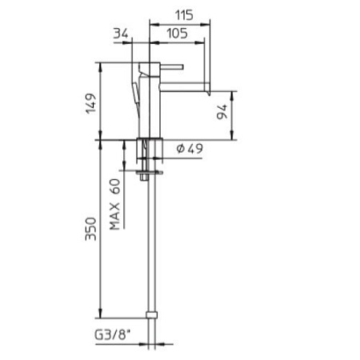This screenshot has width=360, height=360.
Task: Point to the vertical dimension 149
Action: (91, 102)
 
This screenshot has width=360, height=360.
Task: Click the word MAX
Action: (115, 214)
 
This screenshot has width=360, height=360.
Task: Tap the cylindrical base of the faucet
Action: (151, 148)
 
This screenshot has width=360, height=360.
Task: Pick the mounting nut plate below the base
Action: (149, 170)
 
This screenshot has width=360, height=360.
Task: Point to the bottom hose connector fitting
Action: (151, 315)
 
